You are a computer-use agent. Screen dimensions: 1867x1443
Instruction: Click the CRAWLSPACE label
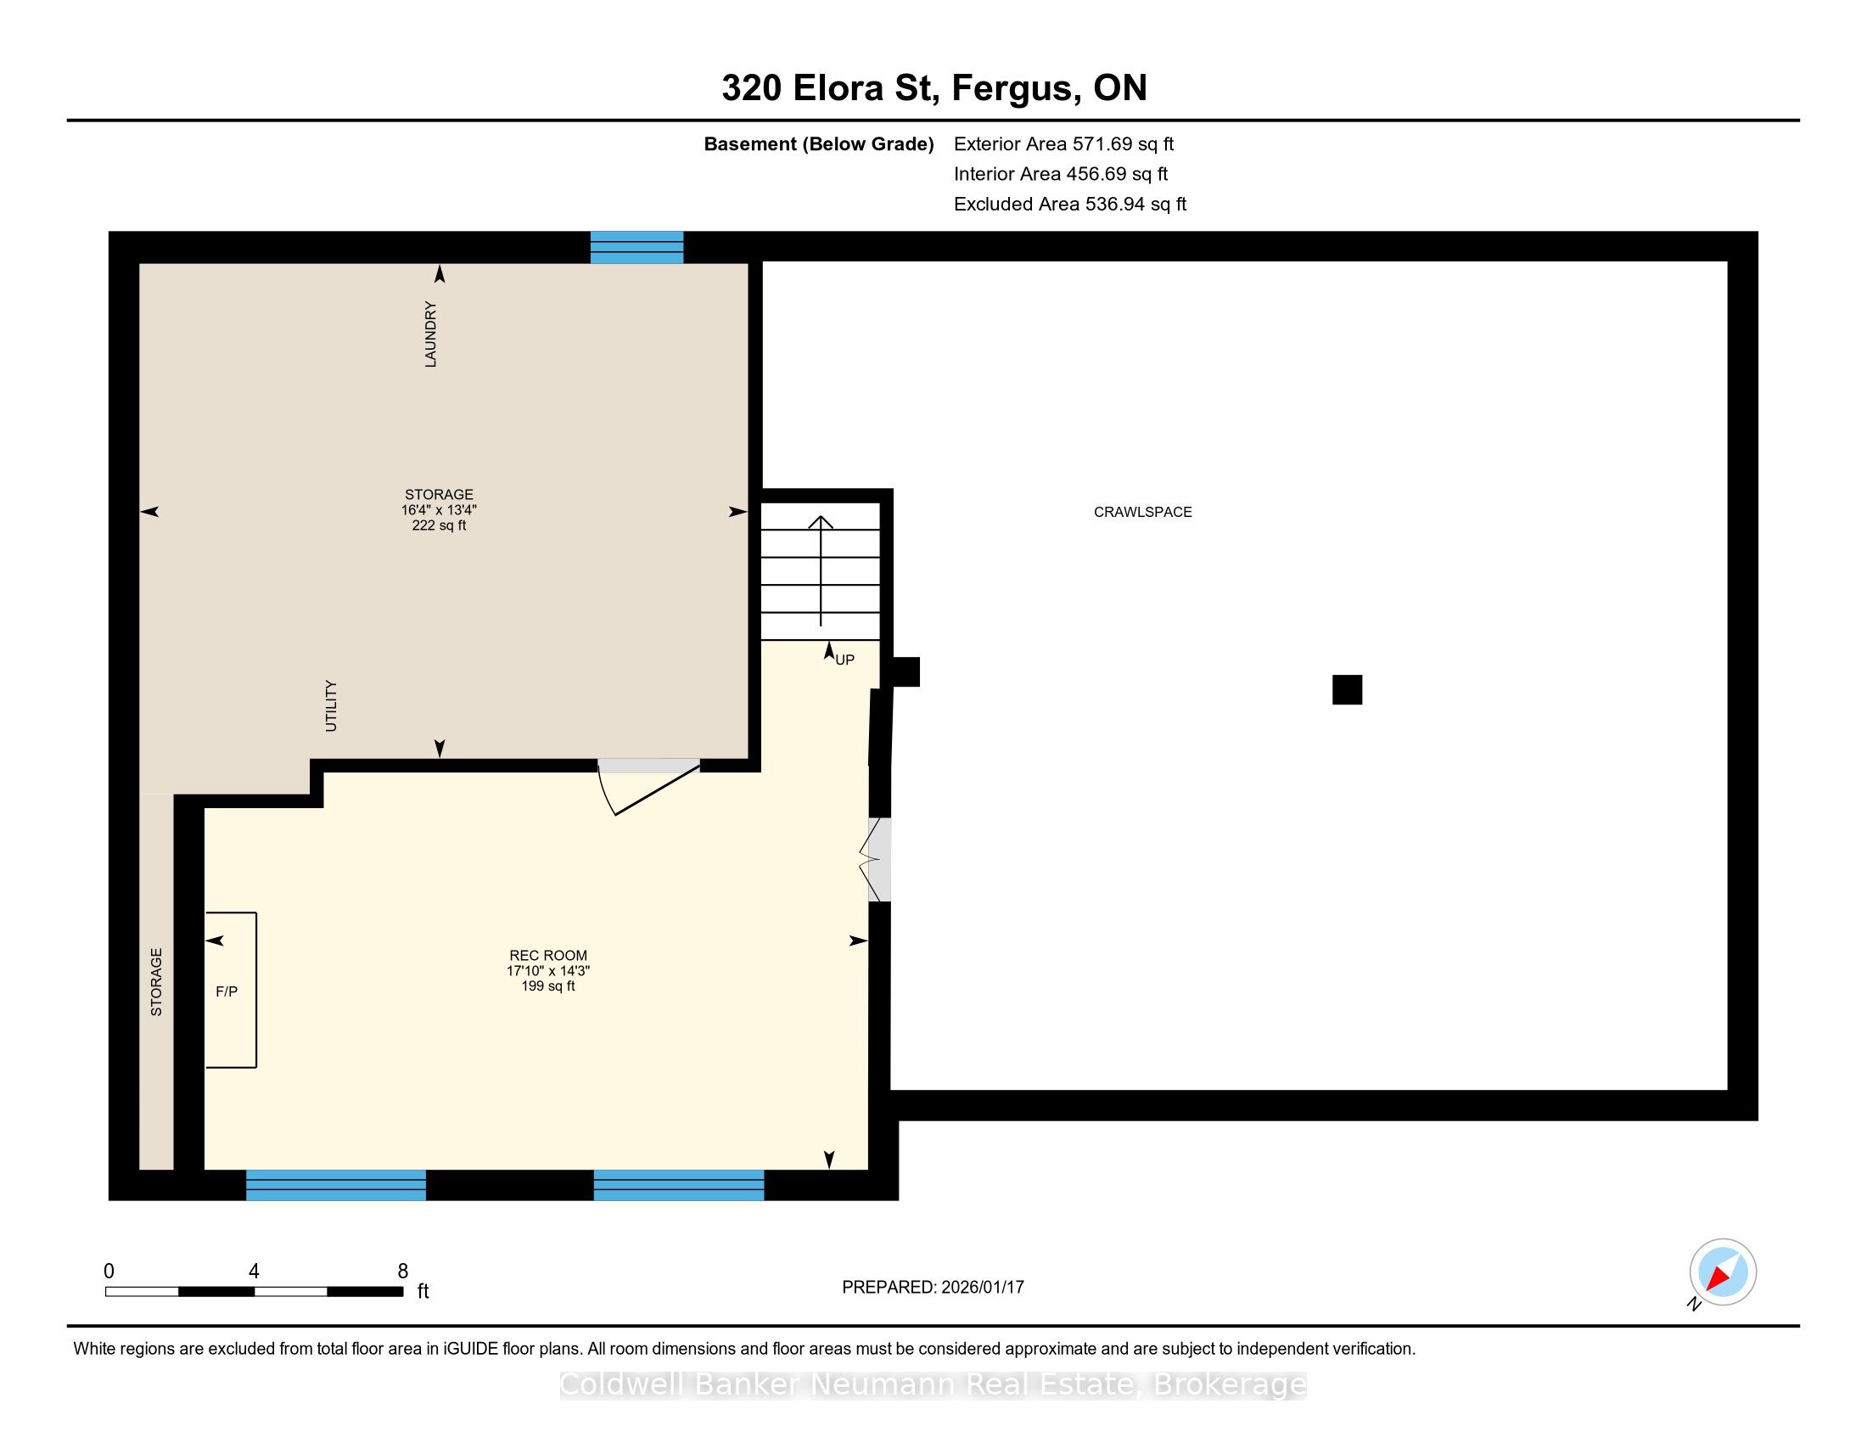1142,512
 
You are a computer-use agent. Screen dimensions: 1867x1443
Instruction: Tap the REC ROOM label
548,956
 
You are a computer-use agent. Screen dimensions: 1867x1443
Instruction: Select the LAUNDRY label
431,334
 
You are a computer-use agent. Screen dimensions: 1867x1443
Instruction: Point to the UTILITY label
332,706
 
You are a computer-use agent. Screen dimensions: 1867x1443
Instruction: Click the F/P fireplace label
227,991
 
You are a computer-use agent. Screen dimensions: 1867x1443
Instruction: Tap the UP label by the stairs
844,660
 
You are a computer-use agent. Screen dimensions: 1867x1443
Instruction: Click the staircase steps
821,571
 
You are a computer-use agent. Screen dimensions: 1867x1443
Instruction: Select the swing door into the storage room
650,787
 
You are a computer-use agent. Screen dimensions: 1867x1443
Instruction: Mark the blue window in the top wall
636,247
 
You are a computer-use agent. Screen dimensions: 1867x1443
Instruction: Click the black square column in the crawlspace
1348,690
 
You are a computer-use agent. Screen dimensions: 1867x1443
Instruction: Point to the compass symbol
1723,1272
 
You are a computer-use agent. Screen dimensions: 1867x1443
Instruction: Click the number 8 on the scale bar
402,1272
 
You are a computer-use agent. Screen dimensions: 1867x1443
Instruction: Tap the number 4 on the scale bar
254,1272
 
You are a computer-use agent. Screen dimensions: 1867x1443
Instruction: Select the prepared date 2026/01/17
982,1288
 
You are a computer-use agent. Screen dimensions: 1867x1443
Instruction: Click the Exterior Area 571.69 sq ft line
1064,144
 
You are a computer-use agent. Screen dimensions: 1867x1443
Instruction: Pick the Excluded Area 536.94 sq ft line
1070,205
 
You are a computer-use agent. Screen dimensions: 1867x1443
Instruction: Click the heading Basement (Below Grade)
819,144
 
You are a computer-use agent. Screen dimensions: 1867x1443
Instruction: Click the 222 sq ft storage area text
439,525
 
